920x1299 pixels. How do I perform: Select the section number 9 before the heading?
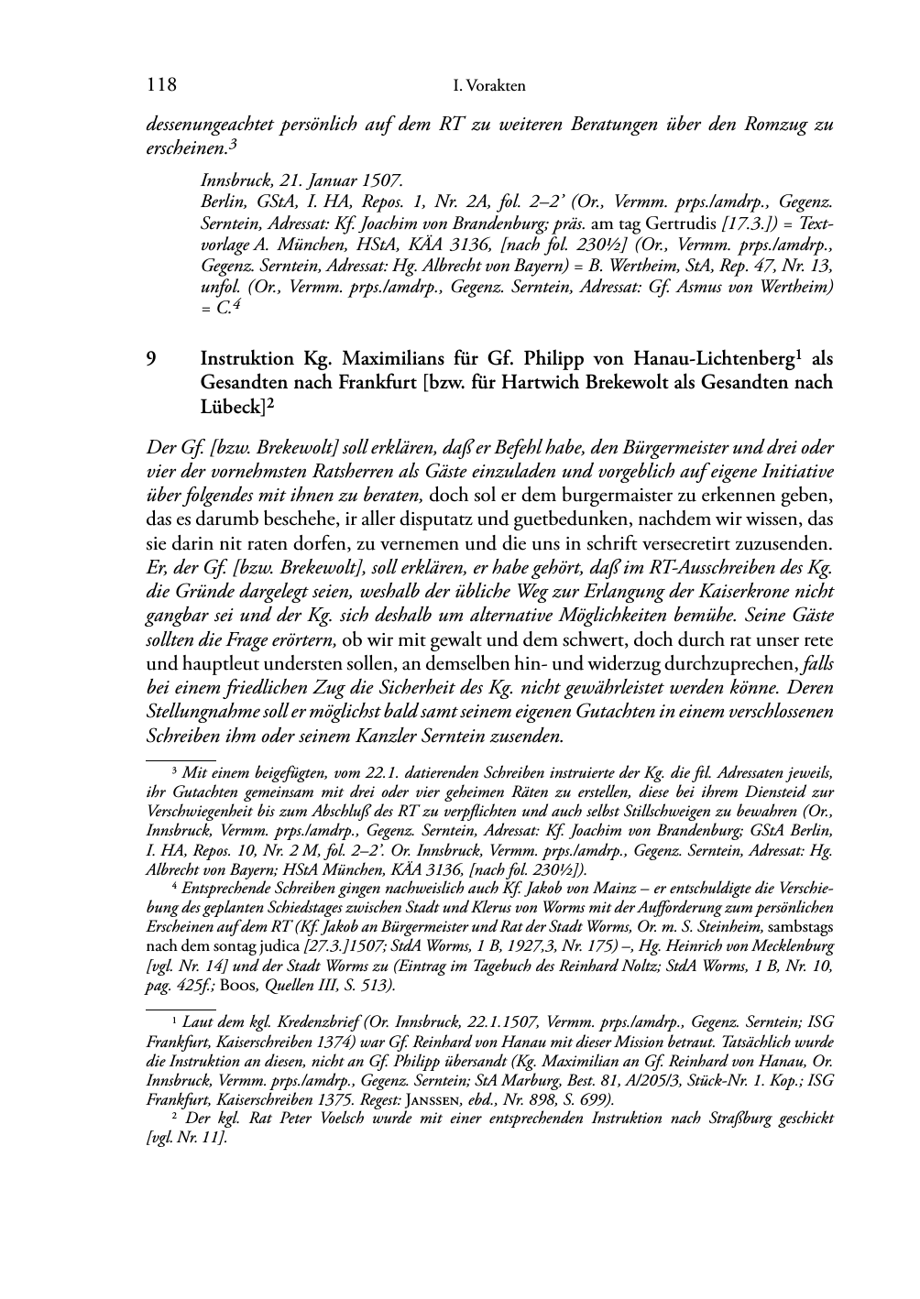pyautogui.click(x=152, y=358)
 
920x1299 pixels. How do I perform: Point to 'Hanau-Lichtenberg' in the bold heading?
pyautogui.click(x=716, y=358)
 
